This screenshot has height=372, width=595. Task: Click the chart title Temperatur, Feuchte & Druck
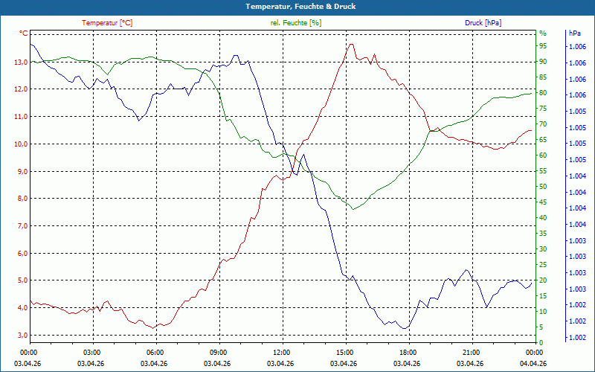[297, 7]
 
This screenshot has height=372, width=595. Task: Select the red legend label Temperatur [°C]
[107, 23]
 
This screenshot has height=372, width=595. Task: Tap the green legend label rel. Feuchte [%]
[295, 23]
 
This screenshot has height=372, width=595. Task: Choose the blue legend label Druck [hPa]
[483, 23]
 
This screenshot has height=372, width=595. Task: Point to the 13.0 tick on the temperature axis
[21, 62]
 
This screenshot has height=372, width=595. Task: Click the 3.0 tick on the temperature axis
[23, 336]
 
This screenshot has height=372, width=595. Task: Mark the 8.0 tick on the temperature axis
[23, 199]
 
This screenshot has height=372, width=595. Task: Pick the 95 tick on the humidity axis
[543, 46]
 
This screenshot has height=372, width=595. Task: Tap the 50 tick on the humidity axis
[543, 187]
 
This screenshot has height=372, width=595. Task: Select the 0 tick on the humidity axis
[541, 343]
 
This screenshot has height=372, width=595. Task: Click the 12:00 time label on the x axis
[281, 352]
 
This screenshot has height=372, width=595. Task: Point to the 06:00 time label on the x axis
[155, 352]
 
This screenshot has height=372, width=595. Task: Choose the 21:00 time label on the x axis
[471, 352]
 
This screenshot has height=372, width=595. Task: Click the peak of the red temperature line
[351, 44]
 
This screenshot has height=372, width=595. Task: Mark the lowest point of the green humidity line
[354, 209]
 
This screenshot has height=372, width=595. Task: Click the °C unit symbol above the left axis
[24, 33]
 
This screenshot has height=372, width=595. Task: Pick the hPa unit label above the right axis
[575, 33]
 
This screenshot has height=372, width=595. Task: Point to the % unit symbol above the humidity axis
[542, 33]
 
